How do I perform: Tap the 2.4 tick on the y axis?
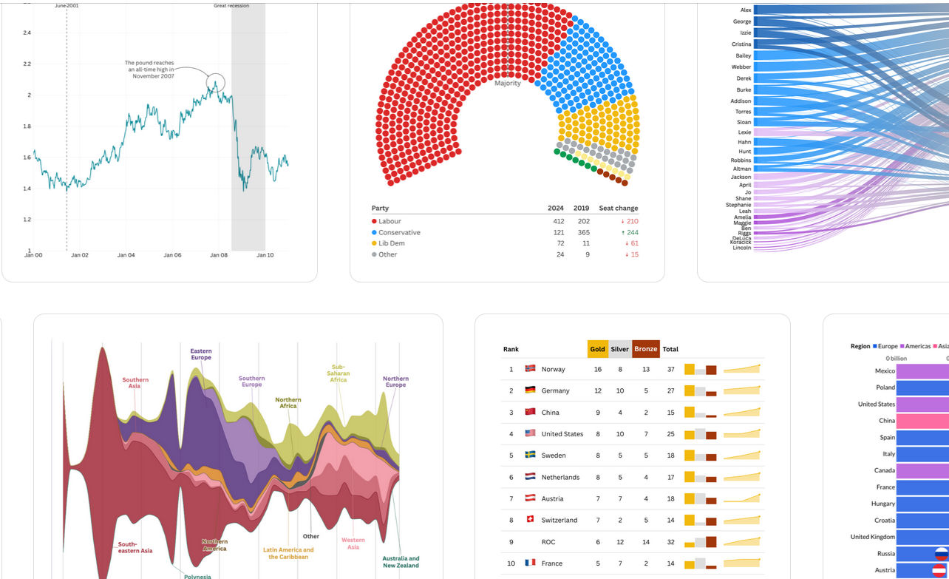[x=27, y=33]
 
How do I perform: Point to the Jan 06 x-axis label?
[x=172, y=255]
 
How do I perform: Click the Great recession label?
[x=231, y=6]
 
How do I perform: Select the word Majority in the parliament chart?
[x=508, y=84]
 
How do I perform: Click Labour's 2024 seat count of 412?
[x=558, y=221]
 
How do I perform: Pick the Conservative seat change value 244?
[x=632, y=232]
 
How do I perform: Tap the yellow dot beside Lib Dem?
[x=374, y=243]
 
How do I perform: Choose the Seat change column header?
[x=618, y=209]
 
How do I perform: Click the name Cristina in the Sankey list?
[x=741, y=44]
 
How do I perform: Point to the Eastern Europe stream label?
[x=200, y=354]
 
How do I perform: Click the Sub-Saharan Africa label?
[x=338, y=373]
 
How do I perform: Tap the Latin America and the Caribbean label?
[x=288, y=553]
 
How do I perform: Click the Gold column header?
[x=597, y=349]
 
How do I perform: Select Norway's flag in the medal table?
[x=530, y=369]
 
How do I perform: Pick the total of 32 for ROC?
[x=670, y=542]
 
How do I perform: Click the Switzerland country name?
[x=559, y=521]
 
